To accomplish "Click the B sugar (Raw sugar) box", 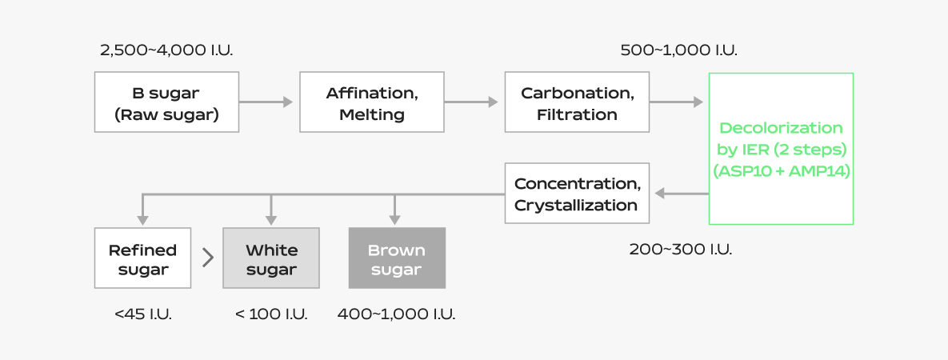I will pyautogui.click(x=166, y=102).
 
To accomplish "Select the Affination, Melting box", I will pyautogui.click(x=371, y=102).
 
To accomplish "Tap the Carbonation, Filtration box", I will pyautogui.click(x=577, y=102).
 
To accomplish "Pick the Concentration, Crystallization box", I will pyautogui.click(x=577, y=194).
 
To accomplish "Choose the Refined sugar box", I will pyautogui.click(x=142, y=258).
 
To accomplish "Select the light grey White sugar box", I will pyautogui.click(x=271, y=258).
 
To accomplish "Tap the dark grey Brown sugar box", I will pyautogui.click(x=397, y=258).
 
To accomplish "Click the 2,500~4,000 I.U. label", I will pyautogui.click(x=166, y=50).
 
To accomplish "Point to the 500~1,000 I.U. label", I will pyautogui.click(x=679, y=50).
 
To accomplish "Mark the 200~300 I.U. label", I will pyautogui.click(x=681, y=249).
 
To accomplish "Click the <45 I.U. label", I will pyautogui.click(x=143, y=314).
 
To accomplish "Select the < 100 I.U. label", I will pyautogui.click(x=271, y=314).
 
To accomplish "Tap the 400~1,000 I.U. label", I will pyautogui.click(x=397, y=314).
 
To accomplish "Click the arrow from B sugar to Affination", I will pyautogui.click(x=267, y=102).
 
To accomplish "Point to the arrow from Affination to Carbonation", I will pyautogui.click(x=472, y=102).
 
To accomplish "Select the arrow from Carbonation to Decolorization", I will pyautogui.click(x=677, y=102).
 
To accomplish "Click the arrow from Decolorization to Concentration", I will pyautogui.click(x=681, y=194).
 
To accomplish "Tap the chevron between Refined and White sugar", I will pyautogui.click(x=208, y=258).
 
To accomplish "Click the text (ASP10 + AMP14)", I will pyautogui.click(x=781, y=171).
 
